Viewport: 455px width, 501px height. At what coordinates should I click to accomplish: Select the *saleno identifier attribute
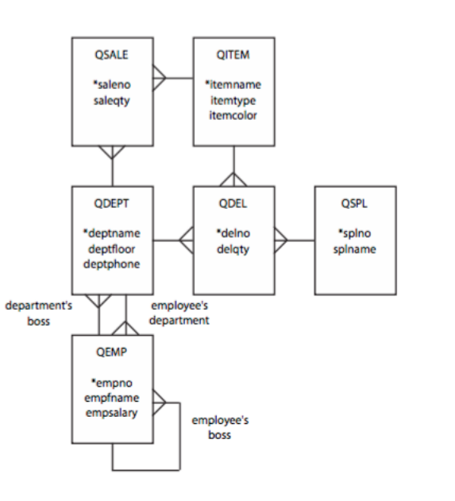(112, 82)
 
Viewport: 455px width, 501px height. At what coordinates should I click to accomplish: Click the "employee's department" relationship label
(180, 311)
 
